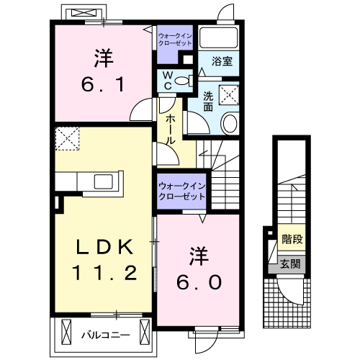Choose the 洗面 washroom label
208,101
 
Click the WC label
166,80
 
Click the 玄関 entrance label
291,264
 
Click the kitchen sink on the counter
98,180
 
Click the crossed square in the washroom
230,94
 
